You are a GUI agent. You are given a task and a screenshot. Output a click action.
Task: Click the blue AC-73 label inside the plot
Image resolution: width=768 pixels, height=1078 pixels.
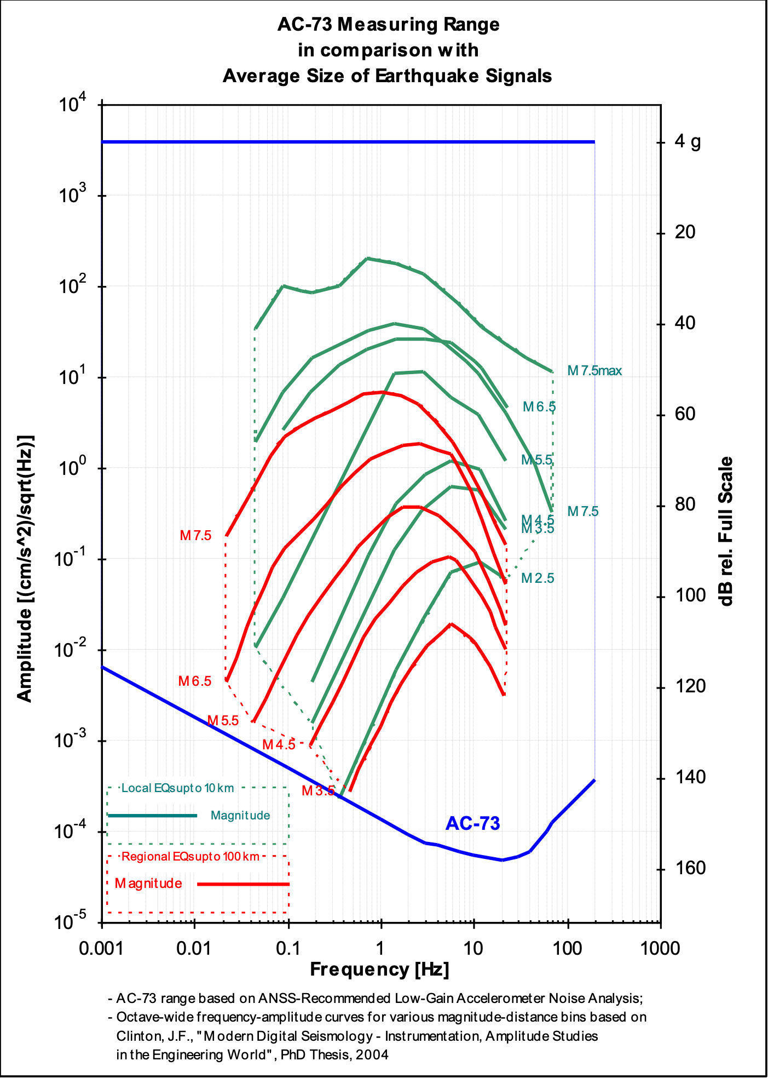(x=472, y=823)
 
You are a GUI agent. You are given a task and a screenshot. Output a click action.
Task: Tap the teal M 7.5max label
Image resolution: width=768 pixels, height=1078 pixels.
(x=594, y=371)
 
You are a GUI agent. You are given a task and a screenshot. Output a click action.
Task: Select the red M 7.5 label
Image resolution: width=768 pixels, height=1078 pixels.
(x=195, y=535)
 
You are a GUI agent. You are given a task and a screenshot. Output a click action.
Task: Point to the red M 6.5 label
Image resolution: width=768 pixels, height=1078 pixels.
(x=195, y=681)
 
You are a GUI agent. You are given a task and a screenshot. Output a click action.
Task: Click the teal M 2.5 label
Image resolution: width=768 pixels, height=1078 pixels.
(x=538, y=578)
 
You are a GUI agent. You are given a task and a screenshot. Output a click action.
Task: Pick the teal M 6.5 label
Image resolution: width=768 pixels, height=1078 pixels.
(x=539, y=406)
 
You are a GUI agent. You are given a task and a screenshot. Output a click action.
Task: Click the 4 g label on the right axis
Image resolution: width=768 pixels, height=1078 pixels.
(x=688, y=142)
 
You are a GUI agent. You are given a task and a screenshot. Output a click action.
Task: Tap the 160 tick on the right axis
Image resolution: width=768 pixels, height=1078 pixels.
(x=690, y=868)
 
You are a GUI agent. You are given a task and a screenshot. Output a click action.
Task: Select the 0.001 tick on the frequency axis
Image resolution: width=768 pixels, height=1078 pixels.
(x=101, y=948)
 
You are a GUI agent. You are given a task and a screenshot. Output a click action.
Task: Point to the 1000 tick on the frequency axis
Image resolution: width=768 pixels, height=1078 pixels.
(x=660, y=948)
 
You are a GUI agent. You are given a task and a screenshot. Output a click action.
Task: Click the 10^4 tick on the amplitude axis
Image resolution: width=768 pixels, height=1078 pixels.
(x=72, y=104)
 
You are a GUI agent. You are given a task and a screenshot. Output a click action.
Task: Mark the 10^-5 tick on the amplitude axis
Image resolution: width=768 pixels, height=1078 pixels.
(x=72, y=922)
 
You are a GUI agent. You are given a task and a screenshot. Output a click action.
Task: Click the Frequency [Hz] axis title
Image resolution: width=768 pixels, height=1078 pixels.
(x=379, y=969)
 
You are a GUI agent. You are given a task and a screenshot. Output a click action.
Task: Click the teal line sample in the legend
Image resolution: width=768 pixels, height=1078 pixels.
(x=152, y=816)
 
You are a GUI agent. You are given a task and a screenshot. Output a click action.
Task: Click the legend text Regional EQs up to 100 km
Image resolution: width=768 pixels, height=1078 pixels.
(x=190, y=856)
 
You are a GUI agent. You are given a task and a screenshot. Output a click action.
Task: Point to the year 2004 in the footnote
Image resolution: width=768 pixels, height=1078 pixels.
(x=372, y=1054)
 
